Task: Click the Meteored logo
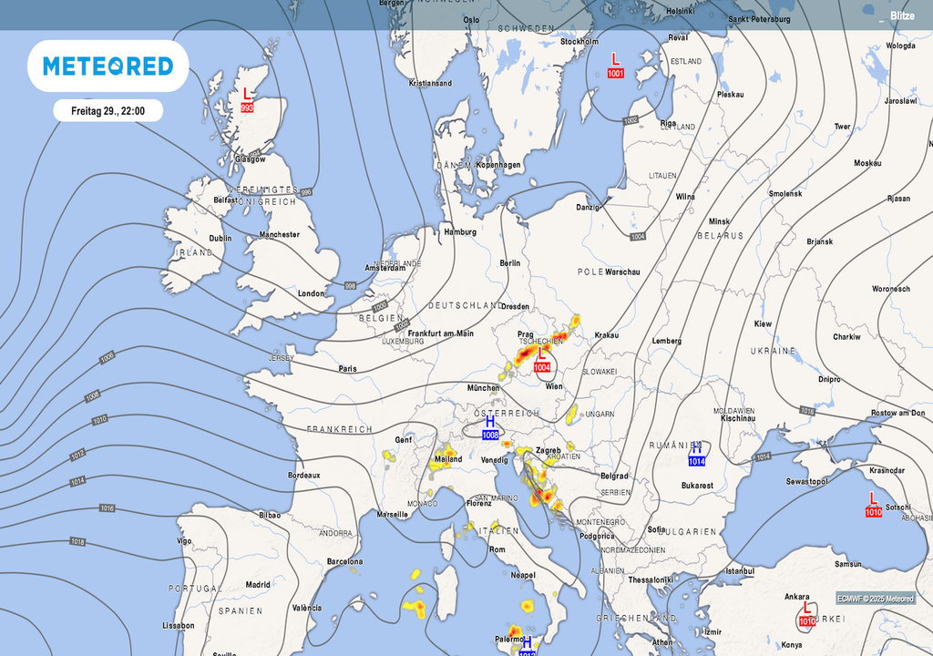click(108, 66)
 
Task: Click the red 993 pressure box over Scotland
click(247, 108)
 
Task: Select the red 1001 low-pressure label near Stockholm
click(616, 73)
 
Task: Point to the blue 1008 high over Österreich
click(490, 435)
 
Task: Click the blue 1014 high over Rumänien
click(696, 461)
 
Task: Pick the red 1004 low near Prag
click(542, 367)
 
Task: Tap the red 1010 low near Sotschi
click(873, 512)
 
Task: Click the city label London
click(311, 293)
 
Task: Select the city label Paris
click(347, 369)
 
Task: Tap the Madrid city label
click(257, 585)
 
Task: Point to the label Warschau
click(623, 272)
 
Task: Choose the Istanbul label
click(739, 571)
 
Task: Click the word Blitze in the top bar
click(902, 16)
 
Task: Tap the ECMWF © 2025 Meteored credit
click(875, 599)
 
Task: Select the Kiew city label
click(763, 324)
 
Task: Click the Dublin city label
click(220, 238)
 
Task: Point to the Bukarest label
click(696, 486)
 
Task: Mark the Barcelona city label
click(344, 561)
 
